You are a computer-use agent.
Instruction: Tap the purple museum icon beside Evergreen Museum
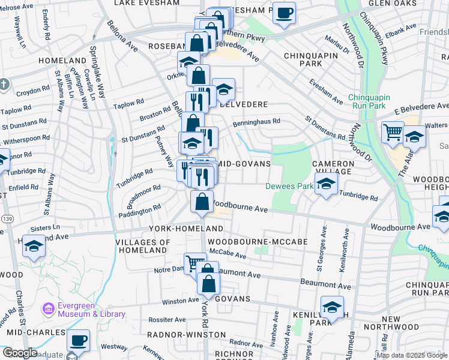(48, 310)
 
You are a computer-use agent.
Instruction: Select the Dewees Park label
(289, 186)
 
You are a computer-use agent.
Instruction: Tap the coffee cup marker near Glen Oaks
(284, 13)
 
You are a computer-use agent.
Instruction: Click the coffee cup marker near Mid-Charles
(78, 341)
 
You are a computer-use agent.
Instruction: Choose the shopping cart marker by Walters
(393, 131)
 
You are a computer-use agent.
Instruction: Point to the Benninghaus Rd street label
(260, 121)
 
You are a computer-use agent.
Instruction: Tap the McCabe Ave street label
(228, 256)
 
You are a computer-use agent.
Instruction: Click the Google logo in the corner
(20, 353)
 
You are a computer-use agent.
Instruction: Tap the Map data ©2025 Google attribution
(412, 355)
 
